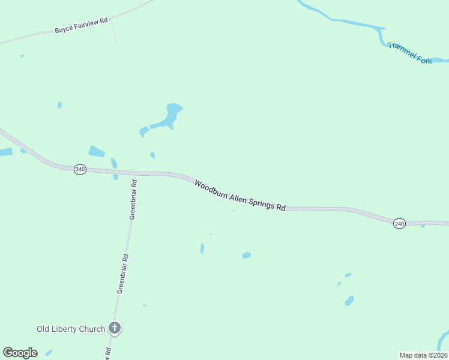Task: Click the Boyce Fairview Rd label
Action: coord(81,25)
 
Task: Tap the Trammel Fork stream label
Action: coord(410,53)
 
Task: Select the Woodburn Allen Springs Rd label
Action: coord(240,194)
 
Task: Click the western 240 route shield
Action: coord(80,170)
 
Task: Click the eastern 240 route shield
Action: coord(400,223)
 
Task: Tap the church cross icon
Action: coord(115,328)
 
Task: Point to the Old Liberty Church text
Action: coord(71,329)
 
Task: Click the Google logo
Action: coord(20,353)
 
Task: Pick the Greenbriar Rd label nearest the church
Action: coord(122,274)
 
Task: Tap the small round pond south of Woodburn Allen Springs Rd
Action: coord(246,256)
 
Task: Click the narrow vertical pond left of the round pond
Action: coord(202,248)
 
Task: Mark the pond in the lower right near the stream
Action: coord(349,301)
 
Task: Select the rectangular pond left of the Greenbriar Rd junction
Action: coord(97,152)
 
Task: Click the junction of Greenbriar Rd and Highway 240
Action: coord(136,174)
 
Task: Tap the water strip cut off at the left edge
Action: coord(5,152)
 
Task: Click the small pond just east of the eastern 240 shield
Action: coord(423,226)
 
